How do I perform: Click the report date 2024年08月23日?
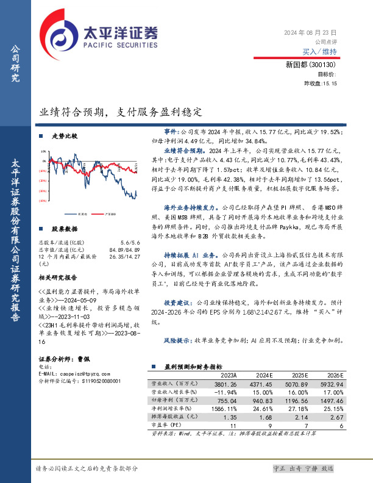(310, 32)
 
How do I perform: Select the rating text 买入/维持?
(319, 52)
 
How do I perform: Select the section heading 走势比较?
(65, 137)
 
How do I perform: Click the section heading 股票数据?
(65, 229)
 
